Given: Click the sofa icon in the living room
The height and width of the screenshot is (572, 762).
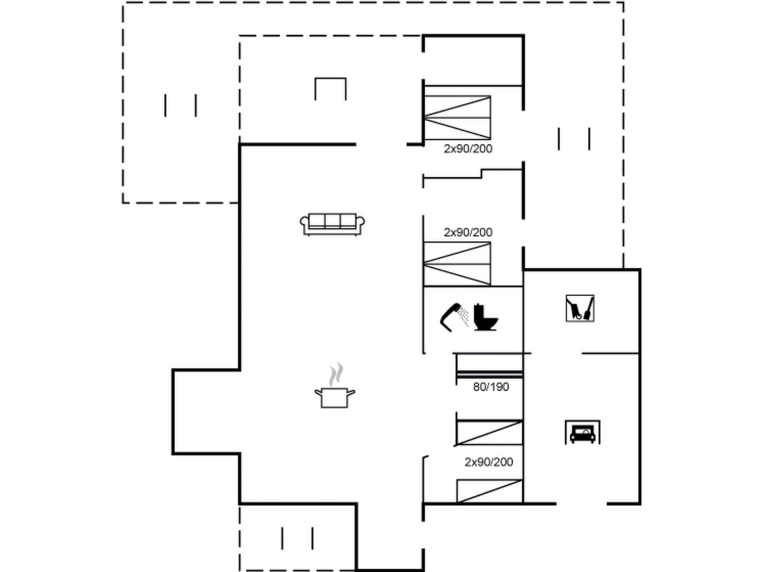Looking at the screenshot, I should click(x=332, y=224).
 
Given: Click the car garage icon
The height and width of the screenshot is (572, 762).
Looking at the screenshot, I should click(x=582, y=433).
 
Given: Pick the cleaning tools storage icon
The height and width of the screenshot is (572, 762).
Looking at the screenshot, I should click(x=580, y=308).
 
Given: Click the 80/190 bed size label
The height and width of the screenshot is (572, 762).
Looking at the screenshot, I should click(x=491, y=387).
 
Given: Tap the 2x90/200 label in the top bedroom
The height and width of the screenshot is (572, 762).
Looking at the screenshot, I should click(x=468, y=149).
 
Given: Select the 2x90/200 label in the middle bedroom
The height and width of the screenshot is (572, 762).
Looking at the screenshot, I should click(x=468, y=232).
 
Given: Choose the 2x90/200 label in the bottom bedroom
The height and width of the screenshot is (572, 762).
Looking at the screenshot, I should click(x=489, y=462).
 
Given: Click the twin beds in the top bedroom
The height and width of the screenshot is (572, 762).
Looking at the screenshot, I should click(x=457, y=118).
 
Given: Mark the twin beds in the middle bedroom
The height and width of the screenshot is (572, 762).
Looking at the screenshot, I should click(x=457, y=264).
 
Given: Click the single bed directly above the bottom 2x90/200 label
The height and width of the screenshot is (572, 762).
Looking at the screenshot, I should click(x=490, y=432).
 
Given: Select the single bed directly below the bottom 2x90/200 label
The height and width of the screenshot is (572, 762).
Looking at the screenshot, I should click(x=490, y=491).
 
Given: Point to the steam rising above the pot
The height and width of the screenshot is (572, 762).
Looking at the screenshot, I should click(x=336, y=374).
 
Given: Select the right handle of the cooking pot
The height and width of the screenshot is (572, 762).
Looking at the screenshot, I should click(x=351, y=392).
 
